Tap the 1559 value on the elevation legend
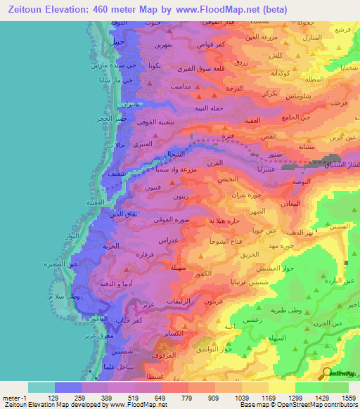tap(347, 397)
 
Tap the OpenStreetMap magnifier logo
tap(327, 373)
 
